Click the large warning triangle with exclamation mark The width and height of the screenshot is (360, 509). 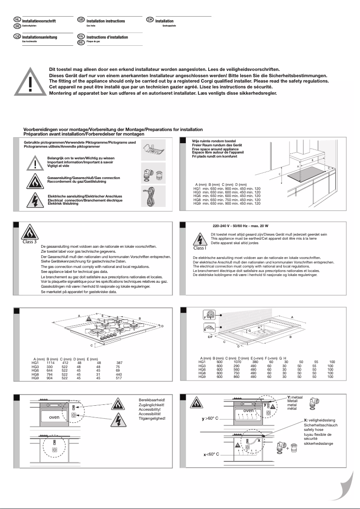29,82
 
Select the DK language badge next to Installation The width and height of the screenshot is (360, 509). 150,21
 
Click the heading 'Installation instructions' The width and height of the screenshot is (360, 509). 105,21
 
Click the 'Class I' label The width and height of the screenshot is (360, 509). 199,248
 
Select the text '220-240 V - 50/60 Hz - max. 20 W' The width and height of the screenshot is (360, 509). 240,226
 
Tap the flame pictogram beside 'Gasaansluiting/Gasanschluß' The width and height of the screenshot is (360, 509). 35,180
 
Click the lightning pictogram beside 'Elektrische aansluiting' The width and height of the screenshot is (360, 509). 35,200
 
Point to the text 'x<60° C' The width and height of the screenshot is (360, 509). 211,454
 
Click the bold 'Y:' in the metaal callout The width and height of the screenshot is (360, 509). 289,398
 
